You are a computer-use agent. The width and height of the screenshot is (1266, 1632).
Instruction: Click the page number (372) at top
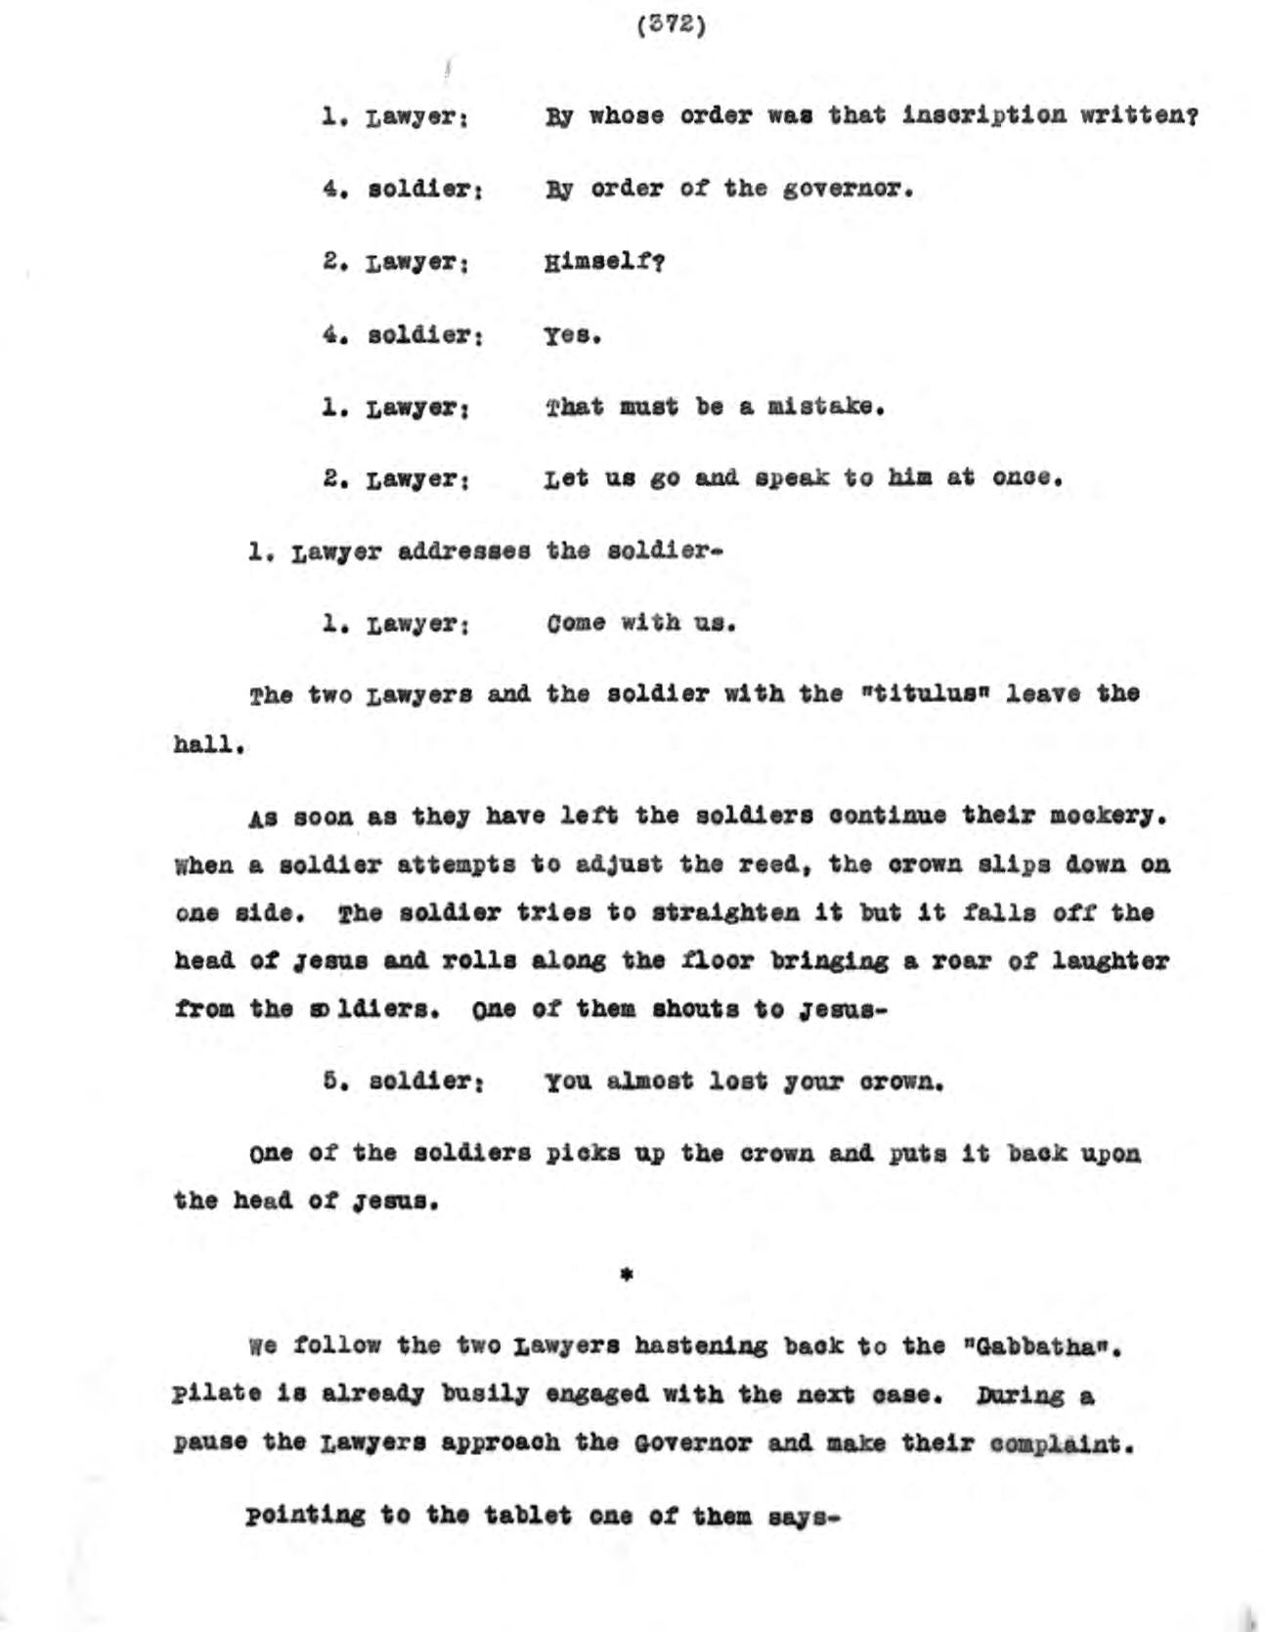(x=670, y=24)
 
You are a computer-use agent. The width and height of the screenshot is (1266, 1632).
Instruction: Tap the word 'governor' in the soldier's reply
(x=847, y=188)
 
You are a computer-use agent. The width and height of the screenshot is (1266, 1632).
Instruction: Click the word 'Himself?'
(x=605, y=261)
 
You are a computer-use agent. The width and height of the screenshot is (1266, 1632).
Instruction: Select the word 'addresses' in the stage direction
(x=464, y=551)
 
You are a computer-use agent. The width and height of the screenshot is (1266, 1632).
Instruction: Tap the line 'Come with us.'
(x=641, y=623)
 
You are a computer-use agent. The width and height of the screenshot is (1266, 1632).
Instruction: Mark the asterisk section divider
(x=627, y=1273)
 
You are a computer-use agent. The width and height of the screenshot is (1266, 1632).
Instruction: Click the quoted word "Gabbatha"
(x=1037, y=1346)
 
